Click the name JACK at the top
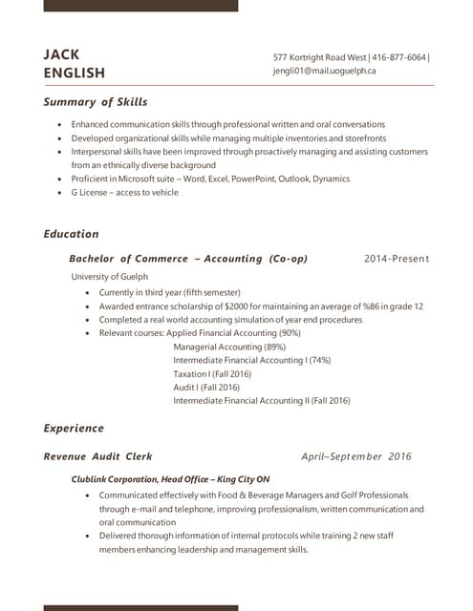coord(61,54)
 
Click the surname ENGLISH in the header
coord(75,74)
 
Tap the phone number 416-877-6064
coord(399,57)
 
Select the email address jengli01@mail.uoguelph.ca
coord(325,71)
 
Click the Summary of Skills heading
coord(96,102)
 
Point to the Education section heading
coord(71,234)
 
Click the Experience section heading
coord(74,429)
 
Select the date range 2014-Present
coord(397,259)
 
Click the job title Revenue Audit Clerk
coord(97,456)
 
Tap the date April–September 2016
coord(355,456)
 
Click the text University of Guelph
coord(110,277)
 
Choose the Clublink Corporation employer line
coord(170,479)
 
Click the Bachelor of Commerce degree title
coord(129,259)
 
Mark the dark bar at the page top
coord(140,5)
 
